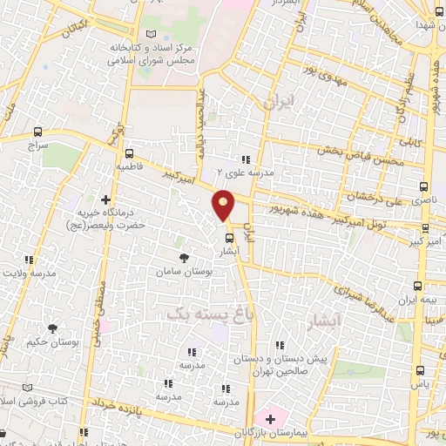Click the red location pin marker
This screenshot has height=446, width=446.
[224, 205]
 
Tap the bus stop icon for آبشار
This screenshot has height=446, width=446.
[229, 236]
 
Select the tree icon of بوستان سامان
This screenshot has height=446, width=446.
[183, 258]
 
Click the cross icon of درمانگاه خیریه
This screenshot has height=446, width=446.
[106, 199]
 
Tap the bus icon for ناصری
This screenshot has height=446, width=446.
[424, 186]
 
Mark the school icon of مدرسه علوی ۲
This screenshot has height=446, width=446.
[245, 159]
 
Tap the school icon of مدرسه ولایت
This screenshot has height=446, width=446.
[30, 259]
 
